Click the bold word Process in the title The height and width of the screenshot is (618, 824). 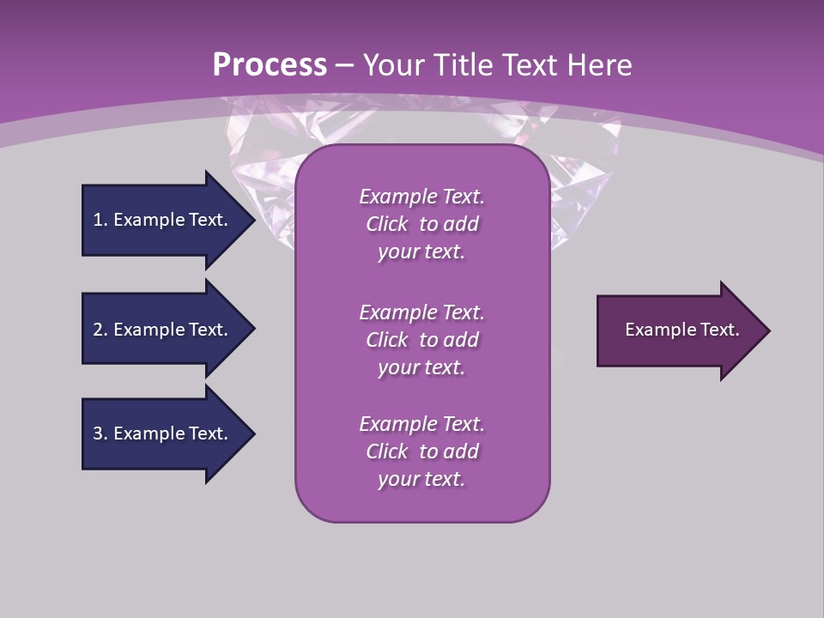coord(270,65)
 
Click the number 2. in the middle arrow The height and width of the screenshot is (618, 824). coord(100,330)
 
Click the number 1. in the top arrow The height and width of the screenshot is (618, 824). coord(100,220)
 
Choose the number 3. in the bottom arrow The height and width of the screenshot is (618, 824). coord(100,433)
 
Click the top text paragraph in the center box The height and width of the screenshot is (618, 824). coord(421,224)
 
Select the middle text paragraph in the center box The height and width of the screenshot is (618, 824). coord(421,340)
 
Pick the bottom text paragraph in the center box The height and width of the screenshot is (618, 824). coord(421,451)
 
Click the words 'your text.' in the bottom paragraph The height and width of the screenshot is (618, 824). coord(421,479)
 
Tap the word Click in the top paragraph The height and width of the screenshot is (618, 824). coord(387,224)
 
